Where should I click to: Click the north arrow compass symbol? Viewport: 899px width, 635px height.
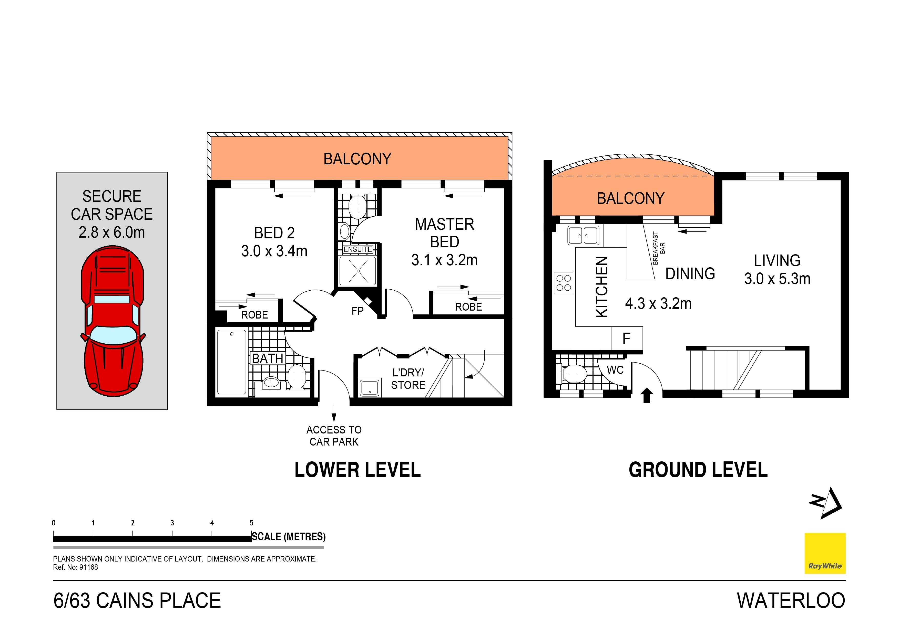click(826, 504)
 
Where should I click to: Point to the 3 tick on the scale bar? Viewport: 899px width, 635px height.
click(172, 533)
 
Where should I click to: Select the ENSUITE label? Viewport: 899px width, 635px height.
click(357, 249)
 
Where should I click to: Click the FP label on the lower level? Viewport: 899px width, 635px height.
click(357, 311)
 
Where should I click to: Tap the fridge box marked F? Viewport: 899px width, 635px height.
click(627, 338)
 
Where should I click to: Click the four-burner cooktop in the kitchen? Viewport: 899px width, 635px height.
click(564, 283)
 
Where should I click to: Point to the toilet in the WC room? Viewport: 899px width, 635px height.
click(574, 374)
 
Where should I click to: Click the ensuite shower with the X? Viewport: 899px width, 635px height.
click(358, 271)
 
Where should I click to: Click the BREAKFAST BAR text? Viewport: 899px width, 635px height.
click(659, 248)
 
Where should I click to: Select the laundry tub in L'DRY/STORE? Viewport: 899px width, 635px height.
click(370, 387)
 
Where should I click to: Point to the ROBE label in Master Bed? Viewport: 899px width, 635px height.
click(468, 307)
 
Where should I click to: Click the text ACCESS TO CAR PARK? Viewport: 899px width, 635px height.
click(334, 436)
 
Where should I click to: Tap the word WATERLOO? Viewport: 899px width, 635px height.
click(791, 601)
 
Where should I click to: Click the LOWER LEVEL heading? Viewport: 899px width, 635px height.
click(357, 470)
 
